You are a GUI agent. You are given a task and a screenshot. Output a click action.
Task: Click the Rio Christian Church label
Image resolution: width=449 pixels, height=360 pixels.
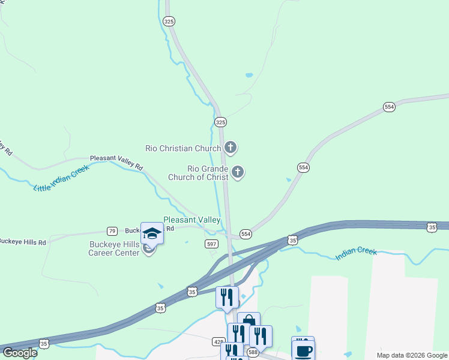(184, 148)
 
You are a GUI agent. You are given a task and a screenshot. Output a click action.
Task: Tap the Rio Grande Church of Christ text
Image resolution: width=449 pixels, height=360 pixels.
(207, 173)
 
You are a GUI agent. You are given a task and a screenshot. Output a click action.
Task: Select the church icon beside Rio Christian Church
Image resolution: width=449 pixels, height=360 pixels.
(231, 147)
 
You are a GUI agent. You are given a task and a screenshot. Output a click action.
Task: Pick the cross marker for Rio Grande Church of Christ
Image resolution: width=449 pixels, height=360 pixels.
(238, 173)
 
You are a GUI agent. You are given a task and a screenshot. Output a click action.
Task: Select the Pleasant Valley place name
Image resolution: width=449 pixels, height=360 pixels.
(191, 220)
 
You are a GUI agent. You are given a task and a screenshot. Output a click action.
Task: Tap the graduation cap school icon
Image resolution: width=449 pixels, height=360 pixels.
(152, 233)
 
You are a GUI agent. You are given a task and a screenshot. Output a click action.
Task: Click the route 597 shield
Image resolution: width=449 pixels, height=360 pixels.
(211, 243)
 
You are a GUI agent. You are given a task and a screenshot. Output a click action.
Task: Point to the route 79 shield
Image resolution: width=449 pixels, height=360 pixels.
(112, 231)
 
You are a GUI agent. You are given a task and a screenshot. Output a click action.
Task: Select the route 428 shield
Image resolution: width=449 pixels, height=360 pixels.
(218, 341)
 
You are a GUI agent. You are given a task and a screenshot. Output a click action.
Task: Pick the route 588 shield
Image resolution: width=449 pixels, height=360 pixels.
(252, 352)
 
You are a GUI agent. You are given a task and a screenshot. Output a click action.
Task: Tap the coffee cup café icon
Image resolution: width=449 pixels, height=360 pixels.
(303, 350)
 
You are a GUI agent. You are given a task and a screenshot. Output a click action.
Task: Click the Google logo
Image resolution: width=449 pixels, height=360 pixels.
(20, 352)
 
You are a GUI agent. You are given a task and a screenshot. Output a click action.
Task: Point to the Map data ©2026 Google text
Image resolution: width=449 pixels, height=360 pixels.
(412, 355)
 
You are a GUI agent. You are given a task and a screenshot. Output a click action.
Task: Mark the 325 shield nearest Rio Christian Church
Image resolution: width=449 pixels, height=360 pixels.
(220, 122)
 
